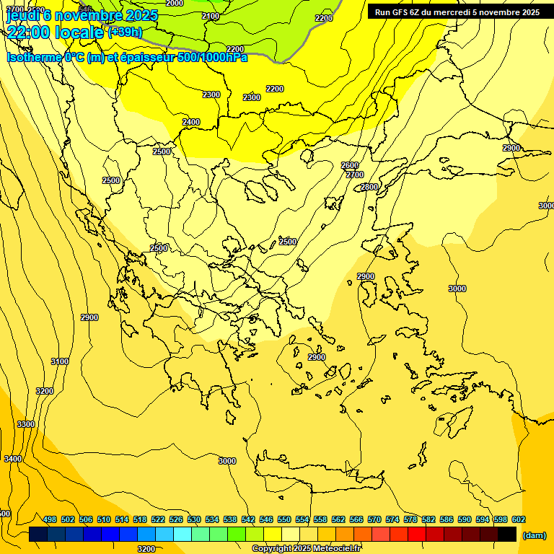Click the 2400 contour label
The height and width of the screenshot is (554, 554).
click(191, 122)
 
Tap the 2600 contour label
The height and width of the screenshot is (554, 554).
click(350, 165)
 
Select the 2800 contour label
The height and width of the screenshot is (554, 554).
click(369, 187)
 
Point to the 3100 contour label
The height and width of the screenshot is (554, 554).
click(60, 361)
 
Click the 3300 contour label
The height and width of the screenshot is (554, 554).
click(26, 424)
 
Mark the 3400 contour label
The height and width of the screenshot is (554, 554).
click(12, 459)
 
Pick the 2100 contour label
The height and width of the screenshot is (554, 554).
click(211, 16)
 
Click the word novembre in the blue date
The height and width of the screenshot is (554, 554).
click(89, 15)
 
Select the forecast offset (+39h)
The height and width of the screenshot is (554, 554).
click(125, 32)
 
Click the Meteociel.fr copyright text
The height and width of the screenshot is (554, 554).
click(306, 548)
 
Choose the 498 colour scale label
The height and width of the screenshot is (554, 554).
click(50, 519)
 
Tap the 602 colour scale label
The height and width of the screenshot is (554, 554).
click(519, 519)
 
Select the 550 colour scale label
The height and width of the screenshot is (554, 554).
click(284, 519)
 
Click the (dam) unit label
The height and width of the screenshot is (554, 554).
click(535, 535)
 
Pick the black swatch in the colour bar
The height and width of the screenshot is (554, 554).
click(507, 535)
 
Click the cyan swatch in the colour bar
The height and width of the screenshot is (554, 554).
click(183, 535)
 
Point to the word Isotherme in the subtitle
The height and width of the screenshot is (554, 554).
click(32, 57)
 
